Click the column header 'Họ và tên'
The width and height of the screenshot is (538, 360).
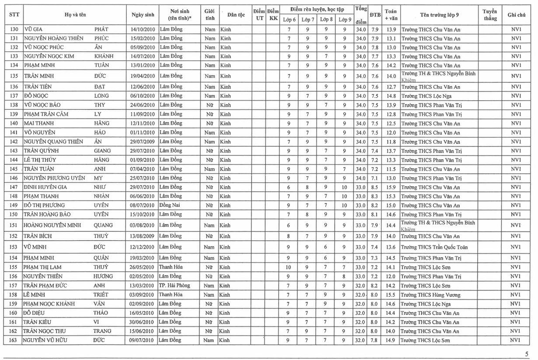coord(75,15)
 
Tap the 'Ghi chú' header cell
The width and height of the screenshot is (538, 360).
coord(516,15)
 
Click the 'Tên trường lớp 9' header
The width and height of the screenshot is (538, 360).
coord(439,15)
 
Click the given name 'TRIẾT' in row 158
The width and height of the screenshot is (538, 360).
coord(101,295)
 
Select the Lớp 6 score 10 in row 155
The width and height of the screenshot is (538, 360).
coord(289,267)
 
